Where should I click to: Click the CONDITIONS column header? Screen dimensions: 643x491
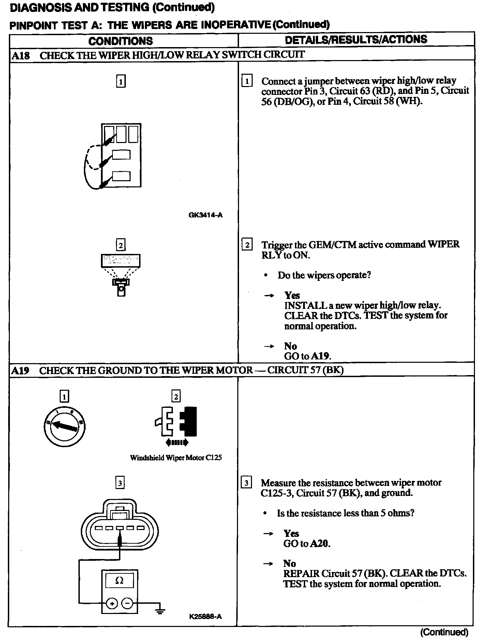click(120, 41)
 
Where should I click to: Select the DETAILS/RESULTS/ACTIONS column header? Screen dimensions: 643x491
click(356, 40)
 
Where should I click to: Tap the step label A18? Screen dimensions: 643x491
click(20, 55)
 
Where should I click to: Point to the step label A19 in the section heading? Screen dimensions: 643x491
click(20, 371)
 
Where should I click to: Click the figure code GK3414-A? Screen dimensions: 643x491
click(205, 215)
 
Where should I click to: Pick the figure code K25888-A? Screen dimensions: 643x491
click(205, 616)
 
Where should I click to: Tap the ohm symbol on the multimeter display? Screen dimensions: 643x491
click(119, 581)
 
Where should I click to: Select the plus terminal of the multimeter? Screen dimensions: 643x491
click(111, 603)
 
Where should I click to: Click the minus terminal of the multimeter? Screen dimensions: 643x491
click(127, 603)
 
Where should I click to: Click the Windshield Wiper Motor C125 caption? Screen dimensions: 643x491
click(176, 458)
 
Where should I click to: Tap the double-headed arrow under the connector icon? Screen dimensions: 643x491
click(176, 443)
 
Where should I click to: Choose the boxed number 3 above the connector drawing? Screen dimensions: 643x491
click(120, 483)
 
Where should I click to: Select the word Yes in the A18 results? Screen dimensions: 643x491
click(292, 295)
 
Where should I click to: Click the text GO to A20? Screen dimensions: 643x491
click(307, 543)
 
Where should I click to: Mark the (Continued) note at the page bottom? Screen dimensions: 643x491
click(444, 632)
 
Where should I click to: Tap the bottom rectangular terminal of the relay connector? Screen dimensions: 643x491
click(121, 176)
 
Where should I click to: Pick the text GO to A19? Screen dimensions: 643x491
click(308, 356)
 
